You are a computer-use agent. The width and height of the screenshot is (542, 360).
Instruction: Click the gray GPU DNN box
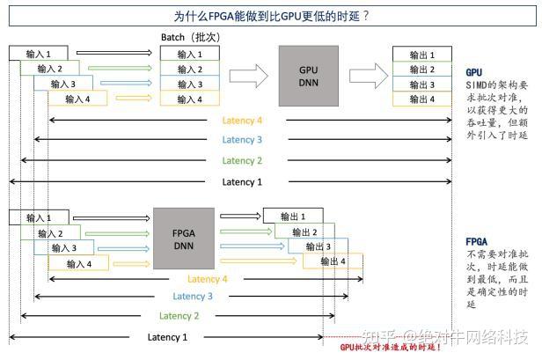[x=308, y=76]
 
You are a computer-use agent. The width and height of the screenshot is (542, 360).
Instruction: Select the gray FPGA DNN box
[x=183, y=239]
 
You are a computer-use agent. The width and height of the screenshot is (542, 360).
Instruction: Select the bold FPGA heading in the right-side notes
[x=476, y=241]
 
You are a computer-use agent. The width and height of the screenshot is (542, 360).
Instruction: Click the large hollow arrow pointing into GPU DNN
[x=253, y=76]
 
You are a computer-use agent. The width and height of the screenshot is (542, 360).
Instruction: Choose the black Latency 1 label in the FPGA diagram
[x=167, y=337]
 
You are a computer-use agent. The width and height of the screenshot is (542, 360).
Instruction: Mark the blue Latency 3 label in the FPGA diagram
[x=193, y=297]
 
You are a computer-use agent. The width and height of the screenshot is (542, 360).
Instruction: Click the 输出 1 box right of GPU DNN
[x=421, y=55]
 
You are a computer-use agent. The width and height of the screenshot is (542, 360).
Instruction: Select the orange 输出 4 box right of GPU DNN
[x=421, y=99]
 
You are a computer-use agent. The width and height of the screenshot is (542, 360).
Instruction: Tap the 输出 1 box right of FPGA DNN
[x=291, y=217]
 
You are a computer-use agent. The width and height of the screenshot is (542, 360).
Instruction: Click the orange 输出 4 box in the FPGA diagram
[x=332, y=261]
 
